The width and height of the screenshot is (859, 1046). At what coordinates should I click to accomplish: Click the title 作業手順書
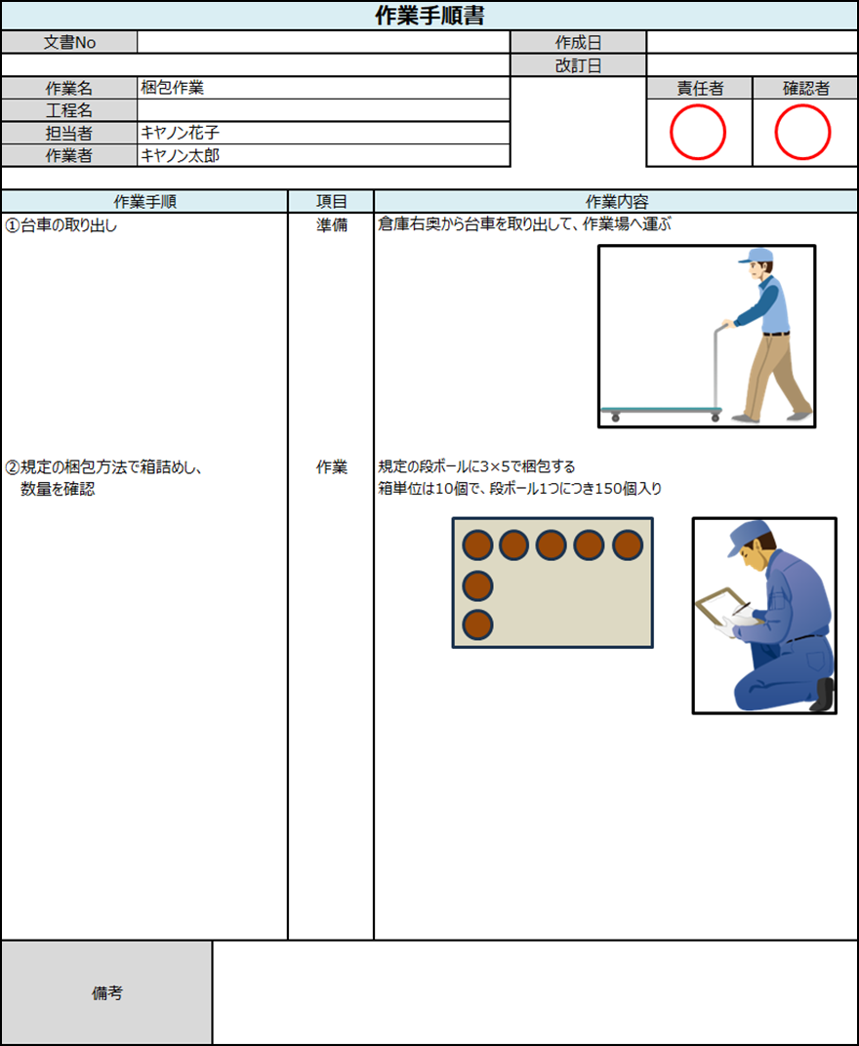tap(430, 16)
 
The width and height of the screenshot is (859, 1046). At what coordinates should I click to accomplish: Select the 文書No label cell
tap(69, 42)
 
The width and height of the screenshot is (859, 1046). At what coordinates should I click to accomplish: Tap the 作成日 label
tap(578, 42)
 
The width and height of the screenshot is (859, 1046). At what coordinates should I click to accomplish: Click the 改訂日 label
tap(578, 65)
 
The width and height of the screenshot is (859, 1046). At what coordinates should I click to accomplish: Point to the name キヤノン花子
tap(181, 133)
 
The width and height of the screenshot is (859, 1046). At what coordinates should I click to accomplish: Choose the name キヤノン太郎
tap(181, 155)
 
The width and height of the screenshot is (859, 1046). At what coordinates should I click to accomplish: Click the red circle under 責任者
tap(698, 132)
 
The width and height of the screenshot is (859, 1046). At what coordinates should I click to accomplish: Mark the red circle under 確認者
tap(802, 132)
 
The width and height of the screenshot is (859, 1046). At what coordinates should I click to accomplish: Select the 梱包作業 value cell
tap(172, 88)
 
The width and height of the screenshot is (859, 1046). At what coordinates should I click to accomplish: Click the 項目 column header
tap(331, 202)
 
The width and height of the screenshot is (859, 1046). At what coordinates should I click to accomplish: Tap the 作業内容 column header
tap(616, 202)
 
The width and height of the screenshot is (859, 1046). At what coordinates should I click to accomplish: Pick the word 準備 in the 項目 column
tap(331, 225)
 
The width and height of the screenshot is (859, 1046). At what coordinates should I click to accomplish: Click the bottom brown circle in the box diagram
tap(477, 624)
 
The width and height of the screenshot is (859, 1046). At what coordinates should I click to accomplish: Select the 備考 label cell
tap(106, 993)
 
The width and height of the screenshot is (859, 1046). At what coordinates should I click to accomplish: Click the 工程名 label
tap(69, 110)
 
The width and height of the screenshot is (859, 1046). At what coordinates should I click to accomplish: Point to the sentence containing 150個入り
tap(519, 489)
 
